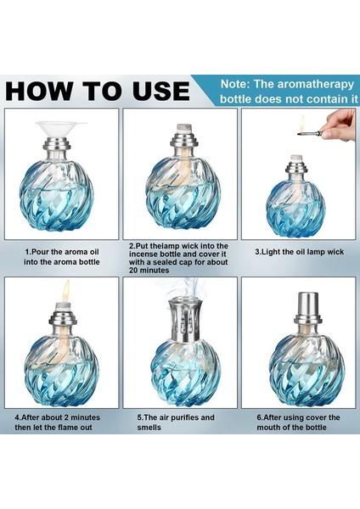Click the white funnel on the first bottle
(61, 129)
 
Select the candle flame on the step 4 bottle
(66, 290)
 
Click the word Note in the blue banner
(235, 84)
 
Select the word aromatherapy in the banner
(315, 84)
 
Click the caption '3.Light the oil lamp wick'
(299, 252)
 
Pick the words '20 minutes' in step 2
(149, 270)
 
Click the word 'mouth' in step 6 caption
(268, 428)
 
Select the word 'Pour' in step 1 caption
(42, 252)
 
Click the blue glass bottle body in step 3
(295, 208)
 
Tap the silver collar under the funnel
(60, 144)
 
